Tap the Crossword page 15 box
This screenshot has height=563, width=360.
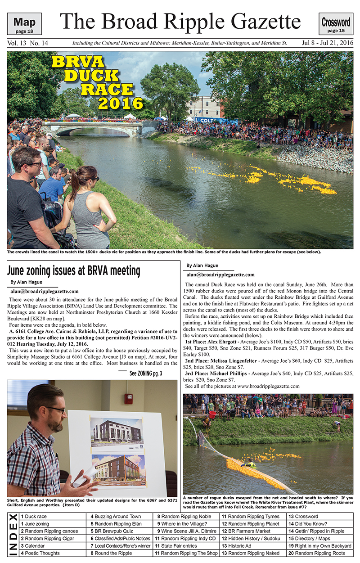tap(336, 24)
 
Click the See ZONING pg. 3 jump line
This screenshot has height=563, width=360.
tap(146, 373)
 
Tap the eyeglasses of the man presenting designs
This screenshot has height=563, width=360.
tap(54, 410)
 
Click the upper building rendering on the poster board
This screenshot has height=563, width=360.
tap(117, 435)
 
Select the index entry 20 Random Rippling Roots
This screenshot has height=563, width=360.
tap(319, 553)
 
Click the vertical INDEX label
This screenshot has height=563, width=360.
tap(13, 535)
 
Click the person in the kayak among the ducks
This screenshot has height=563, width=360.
tap(248, 464)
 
